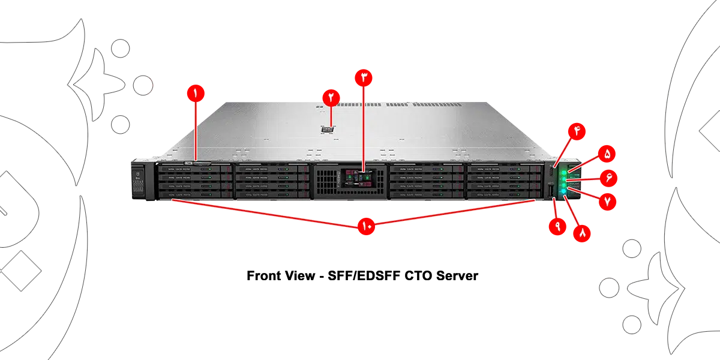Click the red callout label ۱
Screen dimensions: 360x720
194,93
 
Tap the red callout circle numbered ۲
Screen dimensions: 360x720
331,97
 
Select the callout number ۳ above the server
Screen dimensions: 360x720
364,77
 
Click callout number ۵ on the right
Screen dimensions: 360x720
607,154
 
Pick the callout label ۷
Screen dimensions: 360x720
608,200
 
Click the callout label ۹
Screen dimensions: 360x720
557,227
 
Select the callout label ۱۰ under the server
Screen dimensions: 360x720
367,226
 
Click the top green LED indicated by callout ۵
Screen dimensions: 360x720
565,173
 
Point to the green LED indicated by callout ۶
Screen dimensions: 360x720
565,179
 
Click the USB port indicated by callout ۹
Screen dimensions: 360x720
552,193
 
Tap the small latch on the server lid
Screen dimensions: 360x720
327,128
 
